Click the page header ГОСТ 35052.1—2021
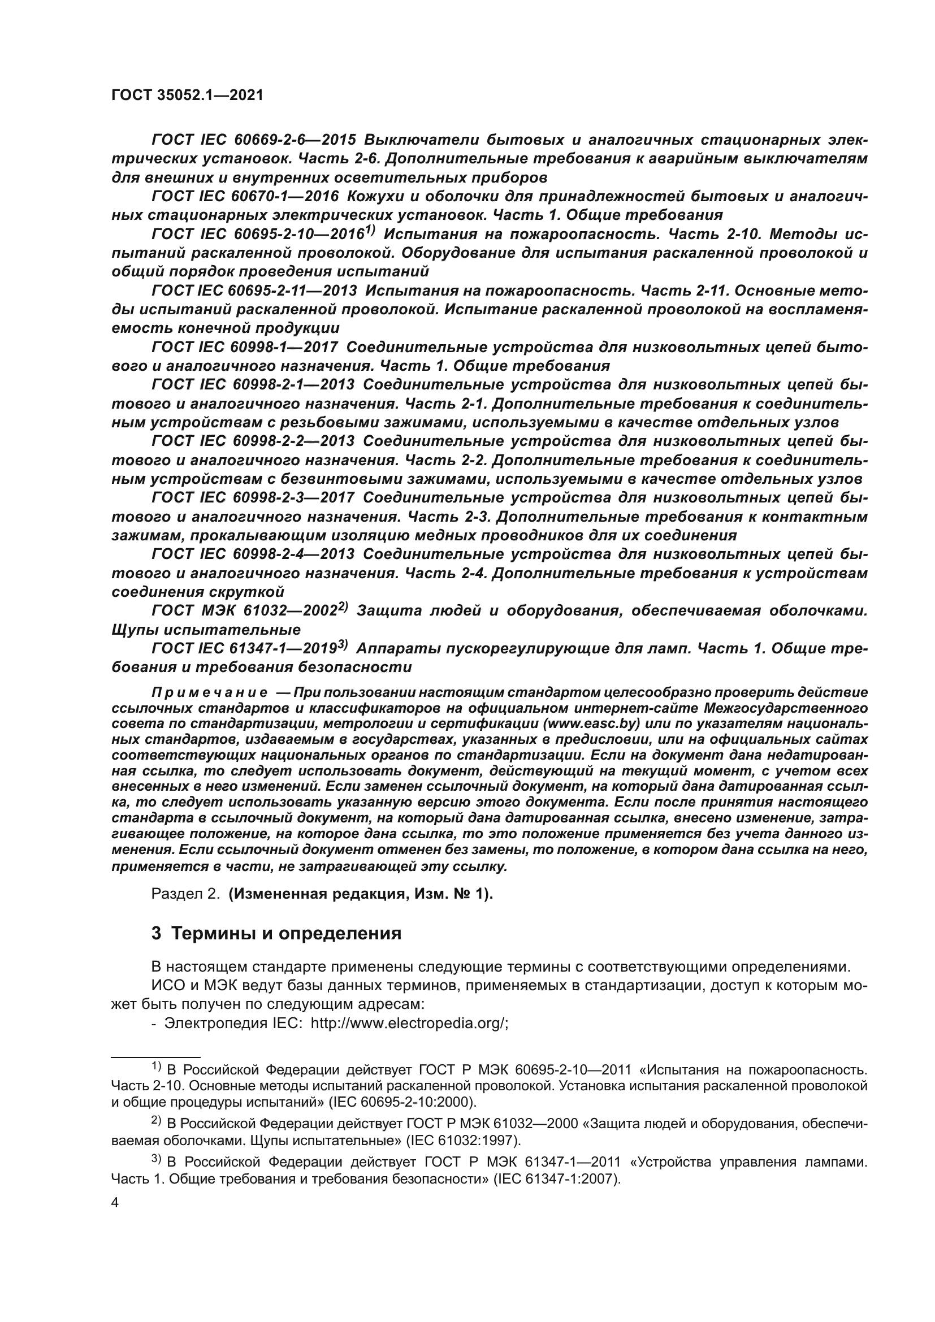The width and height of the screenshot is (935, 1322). (187, 96)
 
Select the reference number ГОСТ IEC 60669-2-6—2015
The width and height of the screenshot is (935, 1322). (254, 140)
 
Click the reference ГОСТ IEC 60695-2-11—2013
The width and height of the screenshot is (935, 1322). (254, 291)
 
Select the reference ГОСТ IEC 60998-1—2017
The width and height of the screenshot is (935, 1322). (245, 348)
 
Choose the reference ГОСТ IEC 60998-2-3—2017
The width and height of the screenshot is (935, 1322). (254, 498)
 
